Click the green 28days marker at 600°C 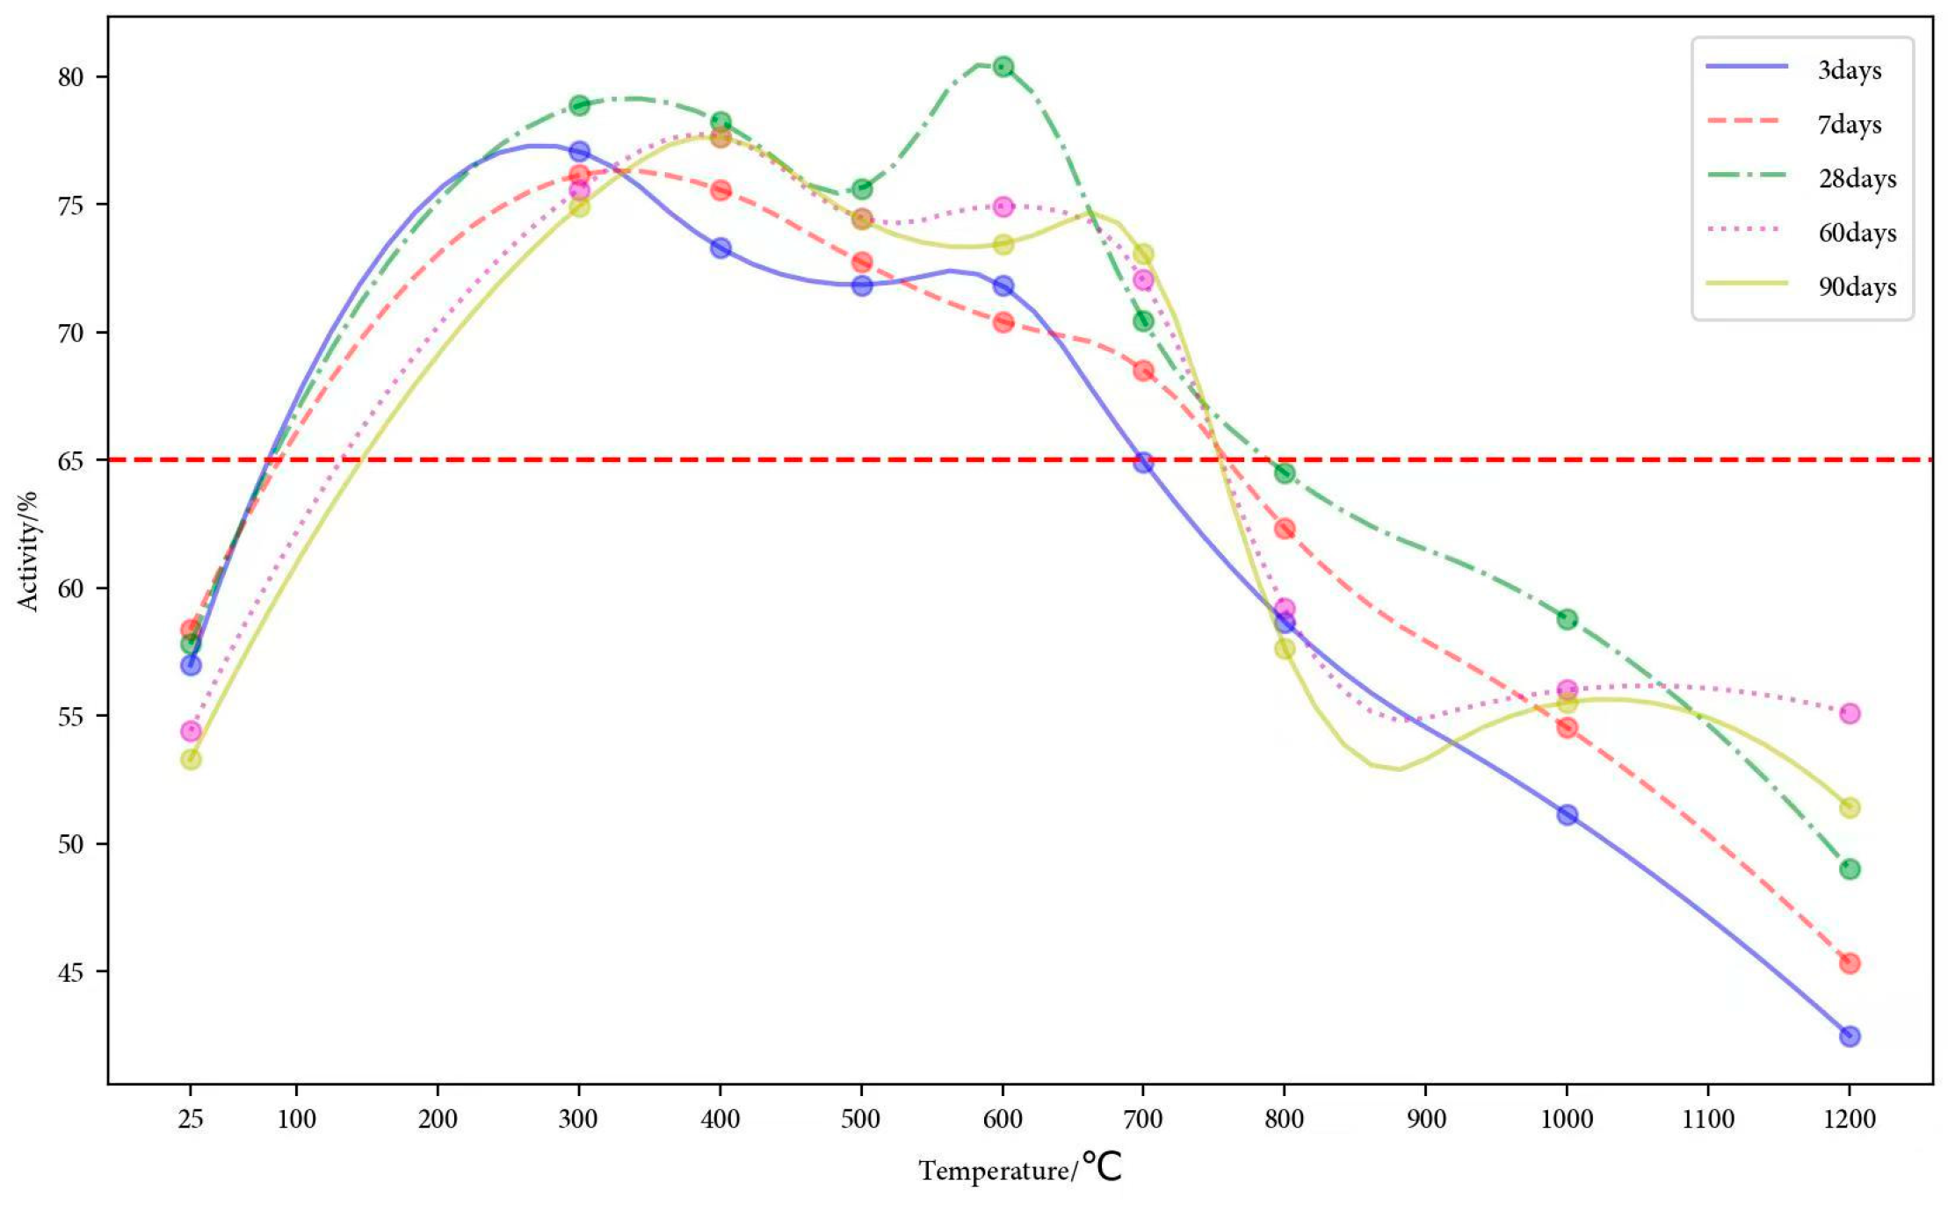1003,66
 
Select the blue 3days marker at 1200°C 1850,1036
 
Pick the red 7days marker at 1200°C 1850,963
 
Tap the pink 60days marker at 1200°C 1850,713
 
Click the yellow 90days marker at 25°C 191,759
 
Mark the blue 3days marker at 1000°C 1567,815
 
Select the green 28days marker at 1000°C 1567,619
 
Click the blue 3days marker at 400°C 721,248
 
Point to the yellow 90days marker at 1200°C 1850,808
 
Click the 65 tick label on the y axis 70,460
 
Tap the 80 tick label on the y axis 70,77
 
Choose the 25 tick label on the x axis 191,1120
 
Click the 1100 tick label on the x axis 1708,1120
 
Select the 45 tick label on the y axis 70,972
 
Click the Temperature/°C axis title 1020,1169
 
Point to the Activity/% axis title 28,552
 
